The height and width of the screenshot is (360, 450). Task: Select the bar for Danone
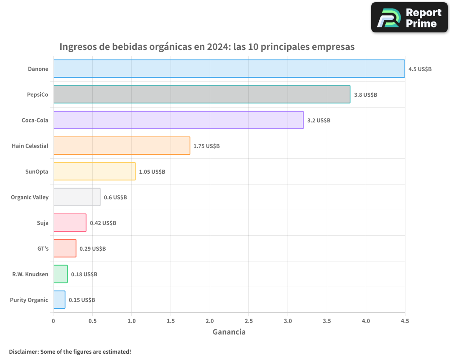(229, 69)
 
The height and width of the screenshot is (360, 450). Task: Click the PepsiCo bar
(202, 94)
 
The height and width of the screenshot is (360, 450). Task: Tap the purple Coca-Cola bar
(178, 120)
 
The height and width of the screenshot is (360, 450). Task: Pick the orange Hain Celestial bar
(121, 146)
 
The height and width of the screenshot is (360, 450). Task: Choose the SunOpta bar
(94, 171)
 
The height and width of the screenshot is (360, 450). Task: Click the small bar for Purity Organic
(59, 300)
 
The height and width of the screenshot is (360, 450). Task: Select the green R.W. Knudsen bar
(60, 274)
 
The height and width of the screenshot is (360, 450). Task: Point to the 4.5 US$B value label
(420, 69)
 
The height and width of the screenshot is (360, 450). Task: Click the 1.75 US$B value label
(207, 146)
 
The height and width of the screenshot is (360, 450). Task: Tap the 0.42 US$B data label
(103, 223)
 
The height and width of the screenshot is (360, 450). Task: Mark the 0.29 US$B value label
(93, 249)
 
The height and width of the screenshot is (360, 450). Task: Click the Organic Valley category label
(30, 198)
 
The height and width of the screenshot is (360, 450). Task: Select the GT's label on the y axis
(43, 249)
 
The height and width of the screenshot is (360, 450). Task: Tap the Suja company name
(42, 223)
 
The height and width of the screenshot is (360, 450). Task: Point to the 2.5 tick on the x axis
(249, 321)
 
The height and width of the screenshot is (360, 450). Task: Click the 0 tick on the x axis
(54, 321)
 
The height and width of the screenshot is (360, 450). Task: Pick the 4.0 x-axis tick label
(366, 321)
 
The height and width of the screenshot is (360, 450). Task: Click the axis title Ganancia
(229, 332)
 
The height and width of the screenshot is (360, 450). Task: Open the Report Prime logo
(409, 18)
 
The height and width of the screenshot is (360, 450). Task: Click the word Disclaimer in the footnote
(23, 352)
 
